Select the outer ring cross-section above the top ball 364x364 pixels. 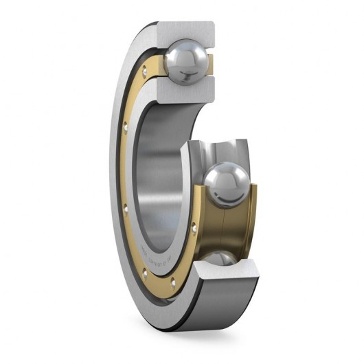tap(185, 31)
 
